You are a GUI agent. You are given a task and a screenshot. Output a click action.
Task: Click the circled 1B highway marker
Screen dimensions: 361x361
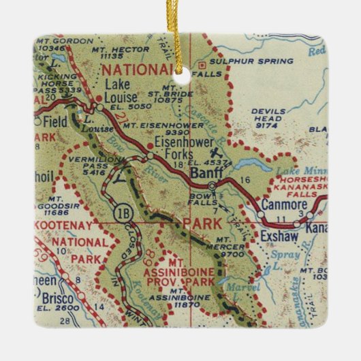point(121,211)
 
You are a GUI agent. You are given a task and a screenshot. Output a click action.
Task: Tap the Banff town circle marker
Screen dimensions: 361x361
point(212,185)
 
